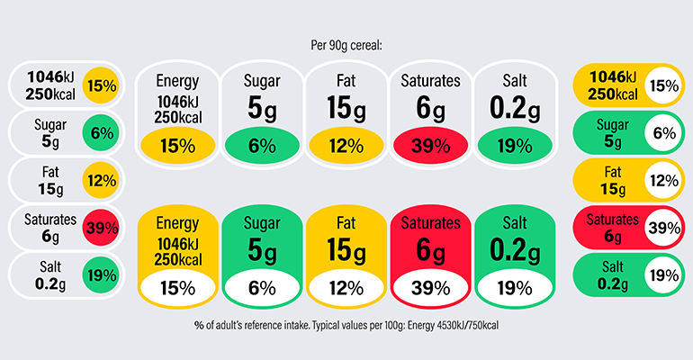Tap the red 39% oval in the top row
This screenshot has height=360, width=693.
point(430,146)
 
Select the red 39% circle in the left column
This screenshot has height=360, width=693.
point(100,228)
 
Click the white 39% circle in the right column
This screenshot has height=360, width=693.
point(663,228)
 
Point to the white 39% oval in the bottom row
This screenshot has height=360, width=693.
point(430,288)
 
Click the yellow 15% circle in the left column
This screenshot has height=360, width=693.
point(100,86)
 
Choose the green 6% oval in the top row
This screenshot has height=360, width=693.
point(261,146)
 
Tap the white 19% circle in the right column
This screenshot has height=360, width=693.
point(663,274)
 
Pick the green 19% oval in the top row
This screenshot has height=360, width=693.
point(515,146)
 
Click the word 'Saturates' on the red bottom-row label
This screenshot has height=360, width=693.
point(430,221)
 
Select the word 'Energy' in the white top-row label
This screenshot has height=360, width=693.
point(176,81)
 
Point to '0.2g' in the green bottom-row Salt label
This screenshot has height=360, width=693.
point(515,249)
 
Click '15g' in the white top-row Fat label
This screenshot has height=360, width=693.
point(346,109)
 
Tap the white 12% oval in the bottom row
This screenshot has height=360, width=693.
point(346,288)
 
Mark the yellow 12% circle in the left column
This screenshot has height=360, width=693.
point(100,181)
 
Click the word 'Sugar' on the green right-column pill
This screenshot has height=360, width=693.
point(613,125)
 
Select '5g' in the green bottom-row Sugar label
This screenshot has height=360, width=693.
point(261,249)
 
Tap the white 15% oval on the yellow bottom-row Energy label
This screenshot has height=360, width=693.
point(176,288)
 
